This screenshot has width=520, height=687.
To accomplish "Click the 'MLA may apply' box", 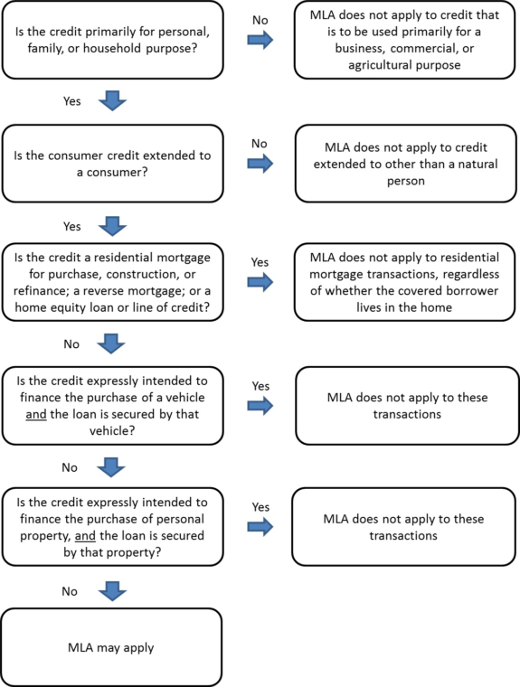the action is tap(111, 647).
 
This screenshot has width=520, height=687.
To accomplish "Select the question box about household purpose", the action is tap(113, 40).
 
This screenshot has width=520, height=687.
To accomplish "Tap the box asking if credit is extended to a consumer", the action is tap(113, 164).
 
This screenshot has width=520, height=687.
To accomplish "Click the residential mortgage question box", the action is tap(113, 282).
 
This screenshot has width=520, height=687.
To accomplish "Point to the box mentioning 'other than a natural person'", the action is tap(405, 164).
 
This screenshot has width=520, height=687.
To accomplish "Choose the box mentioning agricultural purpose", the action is tap(404, 40).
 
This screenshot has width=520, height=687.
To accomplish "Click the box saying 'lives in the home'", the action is tap(404, 282).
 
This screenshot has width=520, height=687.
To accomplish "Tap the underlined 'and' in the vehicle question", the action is tap(36, 414).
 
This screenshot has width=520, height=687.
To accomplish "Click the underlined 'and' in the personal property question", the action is tap(85, 535).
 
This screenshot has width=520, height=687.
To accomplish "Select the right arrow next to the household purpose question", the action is tap(260, 40).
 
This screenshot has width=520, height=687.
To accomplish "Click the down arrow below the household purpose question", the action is tap(112, 100).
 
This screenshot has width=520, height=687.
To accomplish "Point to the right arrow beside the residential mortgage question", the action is tap(260, 282).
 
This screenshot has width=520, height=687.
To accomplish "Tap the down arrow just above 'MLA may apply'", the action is tap(112, 591).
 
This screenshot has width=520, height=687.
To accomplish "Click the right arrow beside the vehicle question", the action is tap(260, 405).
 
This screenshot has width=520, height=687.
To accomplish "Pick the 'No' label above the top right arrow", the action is tap(260, 20).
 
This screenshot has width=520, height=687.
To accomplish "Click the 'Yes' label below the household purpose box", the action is tap(72, 101).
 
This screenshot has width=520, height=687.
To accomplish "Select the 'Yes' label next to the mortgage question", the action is tap(260, 262).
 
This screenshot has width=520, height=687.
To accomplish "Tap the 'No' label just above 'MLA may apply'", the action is tap(70, 591).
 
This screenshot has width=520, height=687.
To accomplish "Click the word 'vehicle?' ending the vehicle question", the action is tap(112, 430).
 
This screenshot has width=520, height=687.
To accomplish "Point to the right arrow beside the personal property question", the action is tap(260, 527).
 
